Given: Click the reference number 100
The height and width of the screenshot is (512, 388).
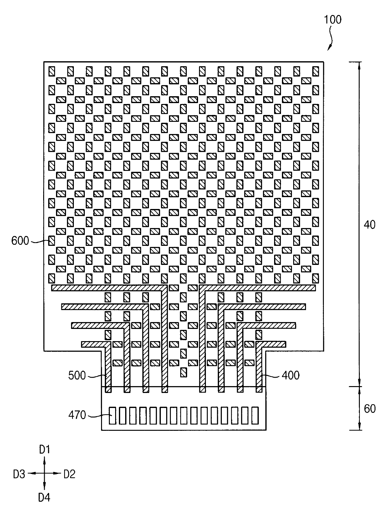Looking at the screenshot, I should pyautogui.click(x=333, y=20).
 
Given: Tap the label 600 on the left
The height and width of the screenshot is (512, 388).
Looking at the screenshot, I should pyautogui.click(x=20, y=241).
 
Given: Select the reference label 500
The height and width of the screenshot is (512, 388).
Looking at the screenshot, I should pyautogui.click(x=77, y=375).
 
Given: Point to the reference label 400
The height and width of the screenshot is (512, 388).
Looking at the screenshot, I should pyautogui.click(x=291, y=375).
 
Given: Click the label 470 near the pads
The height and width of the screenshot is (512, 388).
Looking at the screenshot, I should pyautogui.click(x=77, y=415).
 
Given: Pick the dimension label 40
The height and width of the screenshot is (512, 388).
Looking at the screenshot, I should pyautogui.click(x=370, y=225).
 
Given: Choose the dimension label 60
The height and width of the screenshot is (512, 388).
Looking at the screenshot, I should pyautogui.click(x=370, y=409).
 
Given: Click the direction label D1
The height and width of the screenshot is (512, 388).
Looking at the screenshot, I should pyautogui.click(x=44, y=450).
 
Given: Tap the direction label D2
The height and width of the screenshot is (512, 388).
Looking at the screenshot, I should pyautogui.click(x=69, y=475).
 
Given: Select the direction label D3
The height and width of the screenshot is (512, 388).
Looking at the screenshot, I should pyautogui.click(x=19, y=475).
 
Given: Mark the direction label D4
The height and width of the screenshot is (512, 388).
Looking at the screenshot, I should pyautogui.click(x=44, y=498).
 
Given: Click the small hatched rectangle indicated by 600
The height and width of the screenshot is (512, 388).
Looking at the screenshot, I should pyautogui.click(x=52, y=241).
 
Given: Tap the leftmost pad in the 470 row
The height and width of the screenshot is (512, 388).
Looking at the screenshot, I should pyautogui.click(x=112, y=415).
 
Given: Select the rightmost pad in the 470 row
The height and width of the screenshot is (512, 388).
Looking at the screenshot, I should pyautogui.click(x=255, y=415).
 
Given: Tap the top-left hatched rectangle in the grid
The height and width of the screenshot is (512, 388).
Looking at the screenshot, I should pyautogui.click(x=52, y=72).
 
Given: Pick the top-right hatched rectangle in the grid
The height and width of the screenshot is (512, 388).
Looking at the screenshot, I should pyautogui.click(x=315, y=72).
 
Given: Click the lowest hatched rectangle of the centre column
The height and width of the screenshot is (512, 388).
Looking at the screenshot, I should pyautogui.click(x=184, y=372).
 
